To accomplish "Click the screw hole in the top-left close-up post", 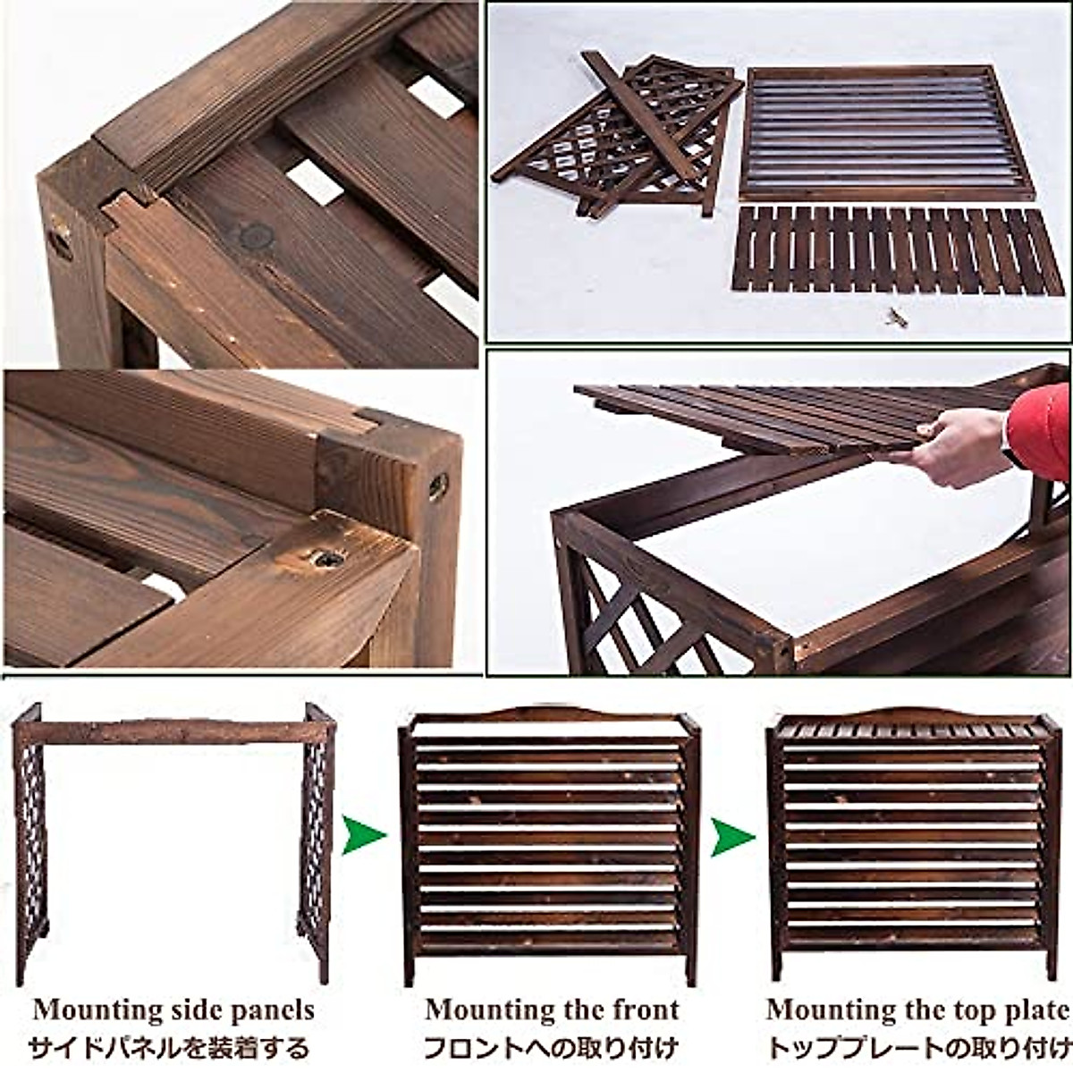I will pos(60,242).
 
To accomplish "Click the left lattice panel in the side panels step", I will pos(29,841).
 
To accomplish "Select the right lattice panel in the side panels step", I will pos(317,841).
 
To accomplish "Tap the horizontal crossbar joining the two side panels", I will pos(170,731).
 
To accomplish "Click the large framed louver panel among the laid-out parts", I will pos(885,134).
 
